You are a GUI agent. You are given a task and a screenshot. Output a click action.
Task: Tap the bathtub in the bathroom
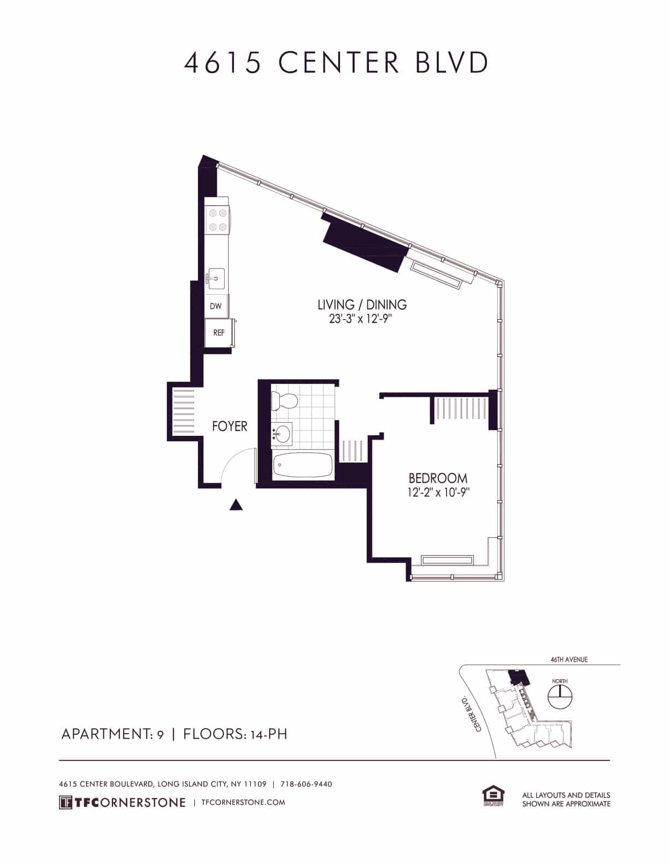tap(302, 466)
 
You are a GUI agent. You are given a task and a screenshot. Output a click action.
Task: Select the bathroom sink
tap(282, 434)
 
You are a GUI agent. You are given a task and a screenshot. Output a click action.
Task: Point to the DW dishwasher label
tap(216, 306)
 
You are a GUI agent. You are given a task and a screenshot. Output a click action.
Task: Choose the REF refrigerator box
tap(219, 332)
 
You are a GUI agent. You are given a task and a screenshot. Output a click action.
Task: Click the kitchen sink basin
tap(216, 279)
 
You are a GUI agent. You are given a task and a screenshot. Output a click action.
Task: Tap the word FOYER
tap(230, 426)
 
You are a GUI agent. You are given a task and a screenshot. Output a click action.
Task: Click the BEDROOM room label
tap(438, 479)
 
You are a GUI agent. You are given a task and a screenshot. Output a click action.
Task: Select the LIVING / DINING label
tap(362, 305)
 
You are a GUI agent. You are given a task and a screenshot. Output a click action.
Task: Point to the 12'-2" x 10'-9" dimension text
tap(439, 492)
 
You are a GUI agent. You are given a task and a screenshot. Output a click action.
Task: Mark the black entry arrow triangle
tap(236, 505)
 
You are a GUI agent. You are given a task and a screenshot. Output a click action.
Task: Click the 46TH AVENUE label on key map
tap(569, 660)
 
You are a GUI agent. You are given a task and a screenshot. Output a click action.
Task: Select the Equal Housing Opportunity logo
tap(492, 796)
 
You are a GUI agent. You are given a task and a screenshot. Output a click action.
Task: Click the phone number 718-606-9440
tap(306, 784)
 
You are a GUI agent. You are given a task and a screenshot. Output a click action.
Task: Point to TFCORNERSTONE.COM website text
tap(243, 802)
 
